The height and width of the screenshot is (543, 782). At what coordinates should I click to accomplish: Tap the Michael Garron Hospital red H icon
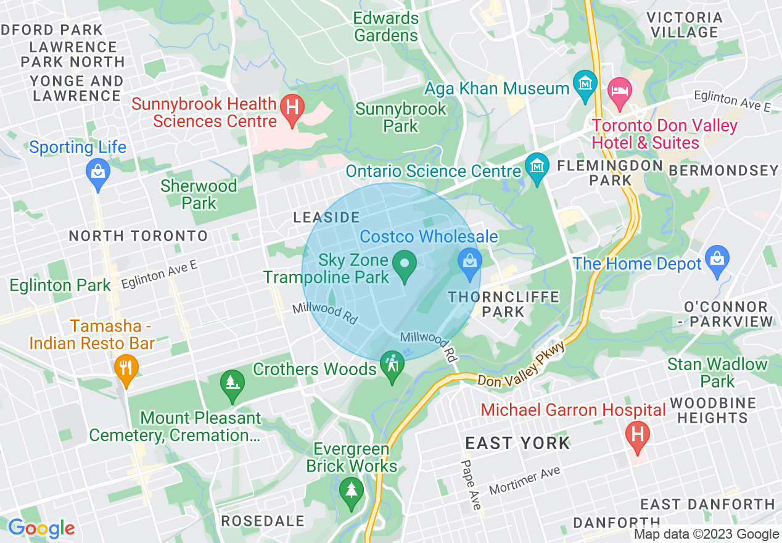click(637, 434)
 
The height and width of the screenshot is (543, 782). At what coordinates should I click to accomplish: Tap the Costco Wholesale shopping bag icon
click(469, 262)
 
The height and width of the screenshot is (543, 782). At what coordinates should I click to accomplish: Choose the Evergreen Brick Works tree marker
click(352, 492)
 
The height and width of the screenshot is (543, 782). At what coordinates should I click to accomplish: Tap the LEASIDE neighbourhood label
click(326, 217)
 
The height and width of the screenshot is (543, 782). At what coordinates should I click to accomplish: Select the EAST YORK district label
click(517, 443)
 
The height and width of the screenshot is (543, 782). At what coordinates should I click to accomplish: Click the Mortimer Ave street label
click(525, 481)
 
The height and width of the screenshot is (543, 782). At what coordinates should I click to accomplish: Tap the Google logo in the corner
click(41, 528)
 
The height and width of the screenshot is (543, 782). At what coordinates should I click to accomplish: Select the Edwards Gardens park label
click(386, 27)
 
